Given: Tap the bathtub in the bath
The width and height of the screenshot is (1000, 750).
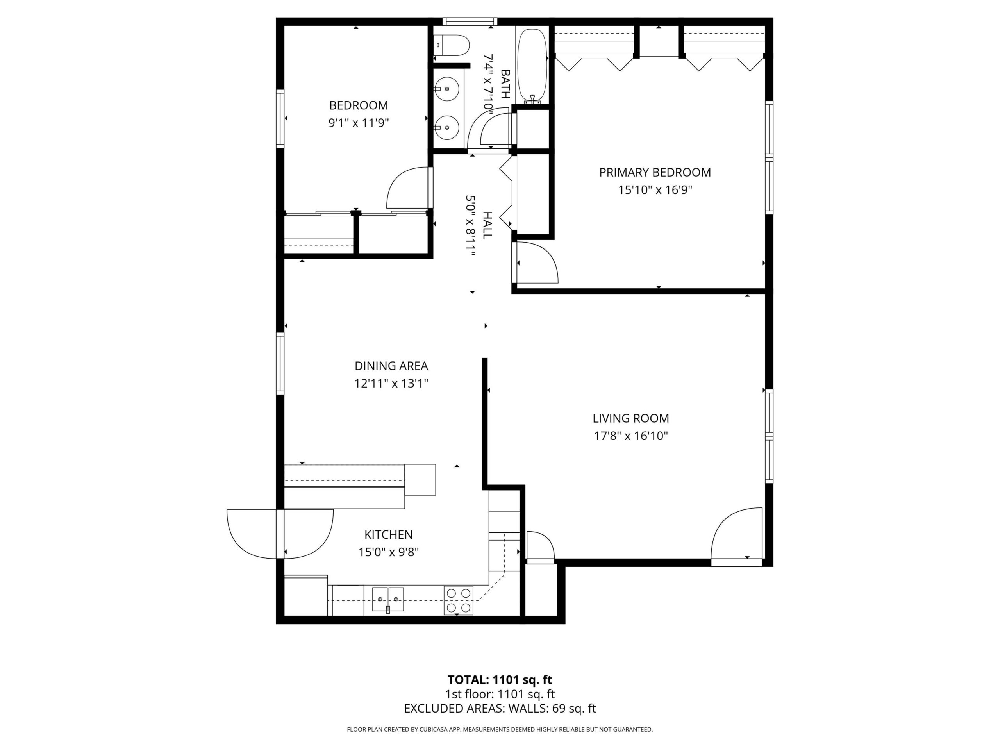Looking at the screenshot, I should [x=532, y=66].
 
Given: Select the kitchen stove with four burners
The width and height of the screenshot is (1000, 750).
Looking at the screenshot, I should [x=459, y=600].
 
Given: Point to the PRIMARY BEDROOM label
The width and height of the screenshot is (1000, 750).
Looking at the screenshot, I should [x=655, y=172].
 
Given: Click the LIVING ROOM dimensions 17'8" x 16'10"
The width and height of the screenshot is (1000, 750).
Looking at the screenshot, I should [x=630, y=436].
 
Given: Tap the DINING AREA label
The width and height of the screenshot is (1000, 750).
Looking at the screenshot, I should [x=391, y=366].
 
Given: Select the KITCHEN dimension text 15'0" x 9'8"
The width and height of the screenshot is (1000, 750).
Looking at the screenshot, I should [x=389, y=552].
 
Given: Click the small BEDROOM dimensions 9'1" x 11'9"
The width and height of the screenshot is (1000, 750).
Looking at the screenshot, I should [x=359, y=123].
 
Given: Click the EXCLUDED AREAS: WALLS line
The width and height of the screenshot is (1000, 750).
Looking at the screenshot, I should [x=500, y=709].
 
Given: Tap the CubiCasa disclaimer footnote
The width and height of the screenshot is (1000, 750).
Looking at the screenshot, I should [x=500, y=730].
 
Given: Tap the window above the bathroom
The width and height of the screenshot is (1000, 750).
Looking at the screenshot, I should [x=470, y=21].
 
